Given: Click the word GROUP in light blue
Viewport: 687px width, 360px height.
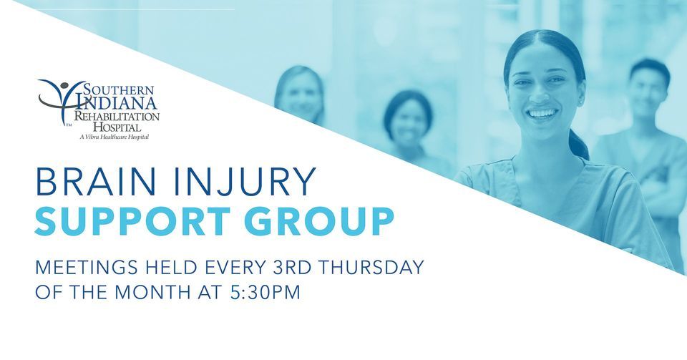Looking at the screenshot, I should click(330, 223).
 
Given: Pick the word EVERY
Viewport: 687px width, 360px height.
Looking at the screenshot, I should click(227, 268).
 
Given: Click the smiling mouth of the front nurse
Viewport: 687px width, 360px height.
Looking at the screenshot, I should click(542, 113).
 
